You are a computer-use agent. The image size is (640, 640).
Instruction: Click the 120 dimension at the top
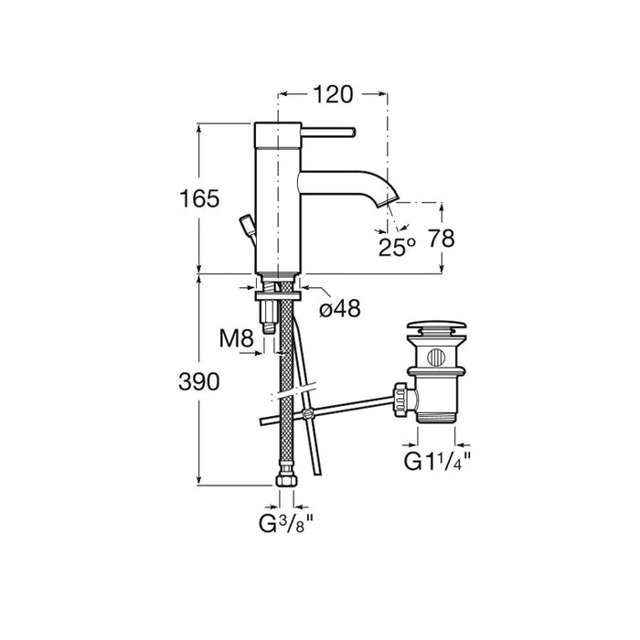click(x=332, y=95)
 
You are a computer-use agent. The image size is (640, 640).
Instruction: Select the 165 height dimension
click(x=199, y=199)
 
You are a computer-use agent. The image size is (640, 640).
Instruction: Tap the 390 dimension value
click(x=199, y=382)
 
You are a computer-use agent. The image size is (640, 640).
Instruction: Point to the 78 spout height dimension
click(x=441, y=239)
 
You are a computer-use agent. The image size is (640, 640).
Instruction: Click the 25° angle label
click(x=397, y=247)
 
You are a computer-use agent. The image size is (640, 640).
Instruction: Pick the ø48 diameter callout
click(x=340, y=308)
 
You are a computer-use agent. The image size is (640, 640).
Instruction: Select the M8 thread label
click(x=236, y=338)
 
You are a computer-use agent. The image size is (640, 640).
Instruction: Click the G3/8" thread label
click(x=285, y=523)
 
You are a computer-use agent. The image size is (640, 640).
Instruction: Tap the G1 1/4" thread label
click(x=437, y=462)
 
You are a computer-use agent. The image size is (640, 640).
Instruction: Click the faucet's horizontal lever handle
click(x=328, y=133)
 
